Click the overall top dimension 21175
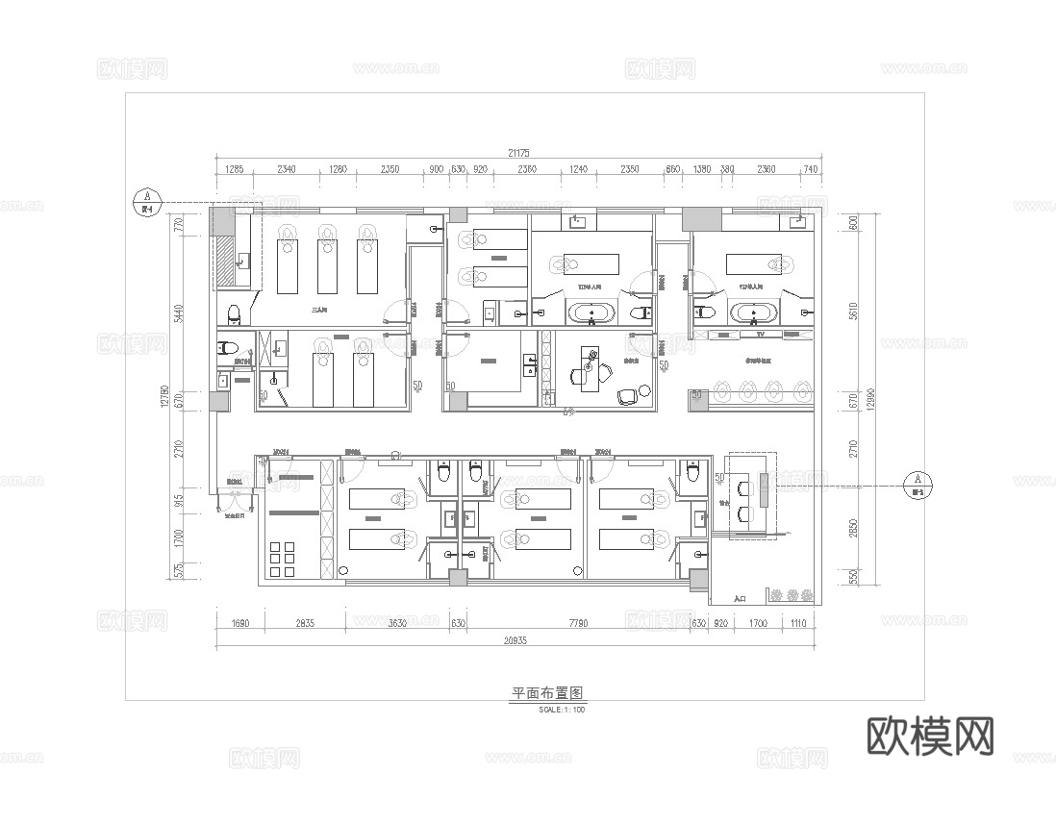[x=519, y=153]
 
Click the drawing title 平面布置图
[x=548, y=692]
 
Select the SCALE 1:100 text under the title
[x=563, y=711]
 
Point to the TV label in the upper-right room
[x=759, y=335]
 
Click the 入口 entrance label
[x=740, y=598]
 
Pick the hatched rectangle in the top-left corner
[x=224, y=261]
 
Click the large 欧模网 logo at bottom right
[x=930, y=737]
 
